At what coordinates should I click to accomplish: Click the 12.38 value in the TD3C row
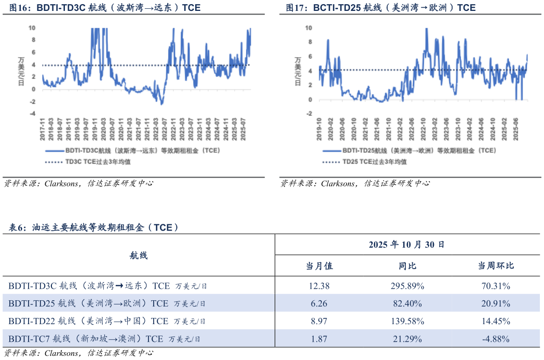tap(319, 286)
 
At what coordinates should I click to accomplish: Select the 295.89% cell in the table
tap(407, 286)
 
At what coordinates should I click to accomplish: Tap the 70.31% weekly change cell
tap(496, 286)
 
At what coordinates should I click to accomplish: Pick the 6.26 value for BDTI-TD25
tap(319, 303)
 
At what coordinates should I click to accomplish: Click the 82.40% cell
tap(407, 303)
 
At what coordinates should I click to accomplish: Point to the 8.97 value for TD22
tap(319, 322)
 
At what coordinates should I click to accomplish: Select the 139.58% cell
tap(407, 322)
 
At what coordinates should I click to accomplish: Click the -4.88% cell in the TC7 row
tap(496, 339)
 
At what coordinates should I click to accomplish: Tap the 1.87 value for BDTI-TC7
tap(319, 339)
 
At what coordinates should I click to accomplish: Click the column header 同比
tap(407, 266)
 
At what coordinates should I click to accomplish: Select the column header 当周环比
tap(496, 266)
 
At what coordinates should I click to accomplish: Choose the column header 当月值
tap(319, 266)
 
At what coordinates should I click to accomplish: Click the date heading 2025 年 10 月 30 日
tap(406, 244)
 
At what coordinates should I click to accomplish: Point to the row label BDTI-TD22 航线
tap(107, 322)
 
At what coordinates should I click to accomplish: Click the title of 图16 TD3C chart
tap(104, 8)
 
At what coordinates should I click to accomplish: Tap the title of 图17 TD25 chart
tap(380, 8)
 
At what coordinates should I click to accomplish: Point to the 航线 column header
tap(138, 256)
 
